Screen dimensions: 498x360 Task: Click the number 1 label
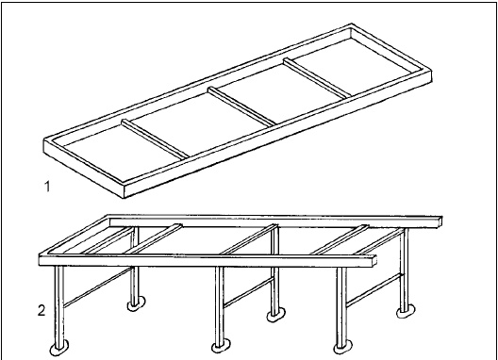47,187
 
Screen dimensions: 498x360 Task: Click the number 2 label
41,310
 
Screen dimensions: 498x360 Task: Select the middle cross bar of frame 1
241,106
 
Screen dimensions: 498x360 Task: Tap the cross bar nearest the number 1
156,139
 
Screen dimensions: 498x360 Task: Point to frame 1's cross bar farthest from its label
317,77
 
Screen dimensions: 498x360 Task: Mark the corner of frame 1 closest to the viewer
124,198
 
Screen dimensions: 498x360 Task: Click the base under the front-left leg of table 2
59,349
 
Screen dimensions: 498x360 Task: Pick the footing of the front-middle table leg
221,346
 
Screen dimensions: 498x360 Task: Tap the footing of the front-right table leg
342,347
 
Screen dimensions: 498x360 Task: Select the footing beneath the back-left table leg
136,303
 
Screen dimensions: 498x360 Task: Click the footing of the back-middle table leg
276,315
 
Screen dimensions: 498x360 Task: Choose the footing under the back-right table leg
406,311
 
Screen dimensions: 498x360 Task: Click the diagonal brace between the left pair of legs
97,287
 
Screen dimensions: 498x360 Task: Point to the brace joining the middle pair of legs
248,292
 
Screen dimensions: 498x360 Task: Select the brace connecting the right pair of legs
373,290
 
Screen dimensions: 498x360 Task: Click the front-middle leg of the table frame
220,305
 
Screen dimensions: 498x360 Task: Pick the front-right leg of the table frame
341,306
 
